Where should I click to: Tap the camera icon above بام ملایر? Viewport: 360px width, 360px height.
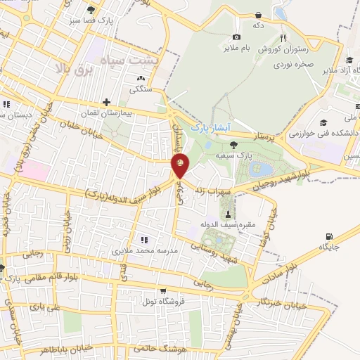236,37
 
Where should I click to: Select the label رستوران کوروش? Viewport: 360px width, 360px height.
281,50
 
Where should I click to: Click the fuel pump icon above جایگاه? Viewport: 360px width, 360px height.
328,236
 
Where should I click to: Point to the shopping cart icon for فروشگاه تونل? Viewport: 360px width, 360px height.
163,290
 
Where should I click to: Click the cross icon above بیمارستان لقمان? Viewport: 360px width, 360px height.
106,102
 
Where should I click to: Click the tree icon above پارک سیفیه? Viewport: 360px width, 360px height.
233,144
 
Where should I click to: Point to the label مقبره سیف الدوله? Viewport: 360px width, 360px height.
229,224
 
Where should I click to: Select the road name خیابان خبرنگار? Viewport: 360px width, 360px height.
262,302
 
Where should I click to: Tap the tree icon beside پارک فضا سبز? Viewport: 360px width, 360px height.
91,9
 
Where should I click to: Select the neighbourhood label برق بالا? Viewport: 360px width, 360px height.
72,70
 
